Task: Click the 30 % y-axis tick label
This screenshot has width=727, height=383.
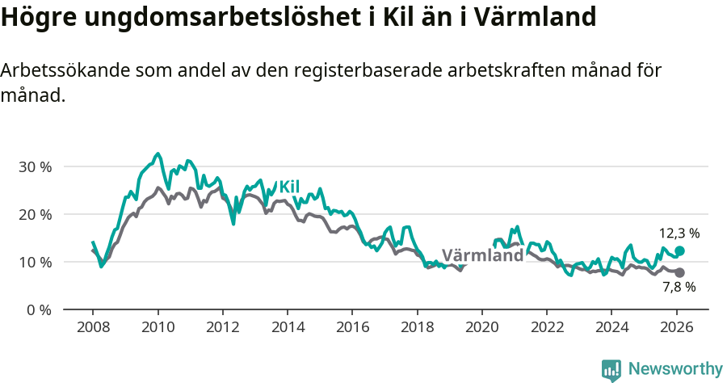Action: [x=34, y=167]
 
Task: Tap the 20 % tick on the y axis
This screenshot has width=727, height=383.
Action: [x=34, y=215]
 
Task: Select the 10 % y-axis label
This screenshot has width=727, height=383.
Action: [x=34, y=263]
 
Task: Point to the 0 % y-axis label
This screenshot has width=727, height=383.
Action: [x=38, y=310]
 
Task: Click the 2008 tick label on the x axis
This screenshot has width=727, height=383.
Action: [x=93, y=328]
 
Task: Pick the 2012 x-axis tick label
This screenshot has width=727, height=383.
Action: [x=222, y=328]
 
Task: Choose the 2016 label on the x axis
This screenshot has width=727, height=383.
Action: [x=352, y=328]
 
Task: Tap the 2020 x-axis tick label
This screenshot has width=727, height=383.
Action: [x=481, y=328]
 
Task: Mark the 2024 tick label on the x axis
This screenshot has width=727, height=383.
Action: [x=611, y=328]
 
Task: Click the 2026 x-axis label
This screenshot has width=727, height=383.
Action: [x=676, y=328]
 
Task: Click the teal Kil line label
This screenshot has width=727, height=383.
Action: [x=289, y=187]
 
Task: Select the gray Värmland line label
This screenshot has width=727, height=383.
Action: [x=482, y=255]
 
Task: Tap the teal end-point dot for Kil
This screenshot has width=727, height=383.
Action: [x=679, y=251]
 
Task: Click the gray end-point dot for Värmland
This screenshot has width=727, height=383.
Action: [x=679, y=273]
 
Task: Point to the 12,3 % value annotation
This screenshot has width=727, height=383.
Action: [x=679, y=234]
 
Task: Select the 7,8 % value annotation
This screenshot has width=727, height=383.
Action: [x=679, y=288]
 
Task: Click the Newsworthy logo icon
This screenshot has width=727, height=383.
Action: [x=611, y=370]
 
